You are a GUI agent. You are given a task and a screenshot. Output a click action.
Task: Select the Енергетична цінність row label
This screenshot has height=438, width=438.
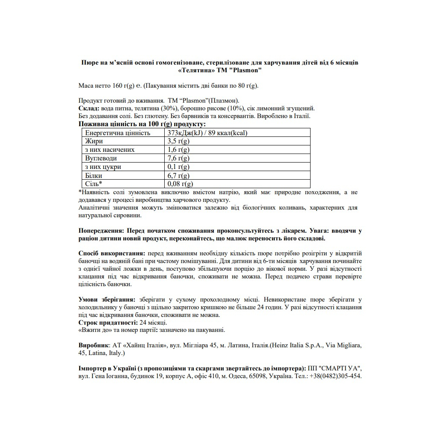pyautogui.click(x=118, y=133)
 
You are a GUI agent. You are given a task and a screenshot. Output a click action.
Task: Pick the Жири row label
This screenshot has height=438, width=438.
pyautogui.click(x=94, y=141)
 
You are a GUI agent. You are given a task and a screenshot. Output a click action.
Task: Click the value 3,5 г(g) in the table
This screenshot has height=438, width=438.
pyautogui.click(x=178, y=141)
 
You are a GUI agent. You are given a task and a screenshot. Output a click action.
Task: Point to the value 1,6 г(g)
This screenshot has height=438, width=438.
pyautogui.click(x=178, y=150)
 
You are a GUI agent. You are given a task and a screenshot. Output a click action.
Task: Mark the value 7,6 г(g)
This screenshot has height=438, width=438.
pyautogui.click(x=178, y=158)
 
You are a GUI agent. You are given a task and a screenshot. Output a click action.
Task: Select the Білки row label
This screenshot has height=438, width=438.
pyautogui.click(x=94, y=175)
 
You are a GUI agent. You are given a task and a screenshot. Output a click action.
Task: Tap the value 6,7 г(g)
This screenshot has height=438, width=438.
pyautogui.click(x=178, y=175)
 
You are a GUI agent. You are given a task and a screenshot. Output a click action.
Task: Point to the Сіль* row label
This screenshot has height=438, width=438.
pyautogui.click(x=94, y=184)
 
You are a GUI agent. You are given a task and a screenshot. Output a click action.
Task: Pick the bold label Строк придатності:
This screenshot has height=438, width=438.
pyautogui.click(x=107, y=323)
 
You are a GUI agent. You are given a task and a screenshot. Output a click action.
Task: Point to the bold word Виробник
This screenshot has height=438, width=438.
pyautogui.click(x=94, y=345)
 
